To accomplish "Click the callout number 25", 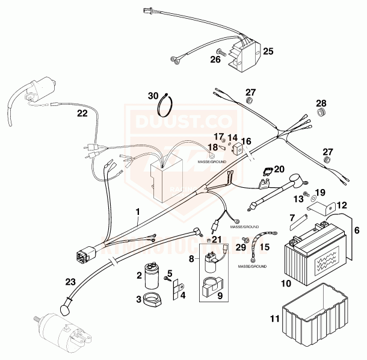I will pos(268,51).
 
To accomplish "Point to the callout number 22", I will pos(82,113).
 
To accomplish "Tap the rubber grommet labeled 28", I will pos(323,113).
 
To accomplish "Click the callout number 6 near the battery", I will pos(356,230).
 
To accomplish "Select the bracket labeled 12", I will pos(325,208).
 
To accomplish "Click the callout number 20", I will pos(278,170).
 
